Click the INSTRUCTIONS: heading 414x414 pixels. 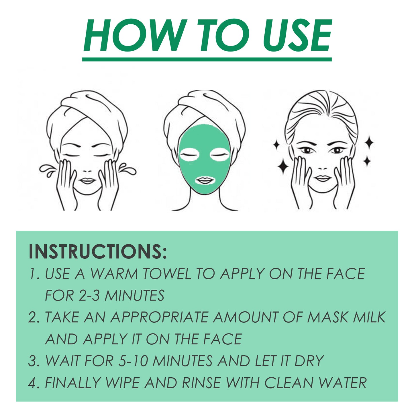coord(97,252)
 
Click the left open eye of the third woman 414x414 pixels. coord(306,150)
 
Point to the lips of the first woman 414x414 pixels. coord(87,181)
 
